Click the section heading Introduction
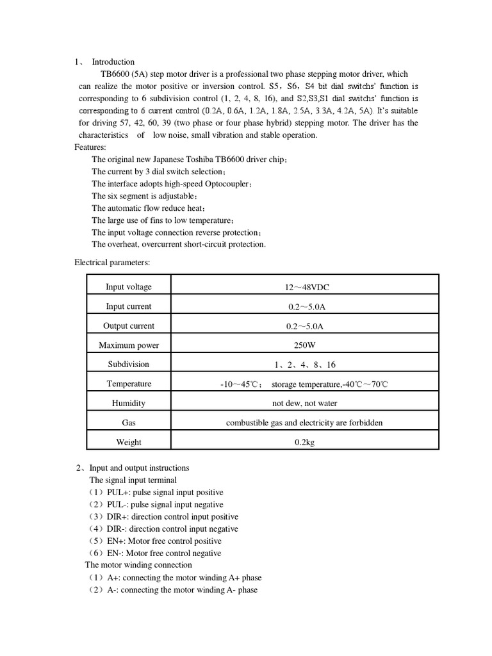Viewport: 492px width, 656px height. (113, 62)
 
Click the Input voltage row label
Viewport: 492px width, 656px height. (129, 287)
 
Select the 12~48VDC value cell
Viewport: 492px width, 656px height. (304, 287)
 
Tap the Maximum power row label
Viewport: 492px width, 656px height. (129, 345)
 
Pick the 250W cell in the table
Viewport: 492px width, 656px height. (304, 345)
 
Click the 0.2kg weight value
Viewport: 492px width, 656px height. (304, 442)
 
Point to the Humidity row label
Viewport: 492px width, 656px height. (129, 404)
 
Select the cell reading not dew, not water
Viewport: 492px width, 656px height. (304, 404)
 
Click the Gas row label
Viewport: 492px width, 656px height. (129, 423)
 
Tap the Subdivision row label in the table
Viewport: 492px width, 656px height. (129, 365)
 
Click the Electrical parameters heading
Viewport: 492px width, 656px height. (112, 262)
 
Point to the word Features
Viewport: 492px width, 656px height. (90, 147)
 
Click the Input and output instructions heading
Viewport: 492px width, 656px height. (139, 468)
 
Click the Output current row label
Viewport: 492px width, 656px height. (129, 326)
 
